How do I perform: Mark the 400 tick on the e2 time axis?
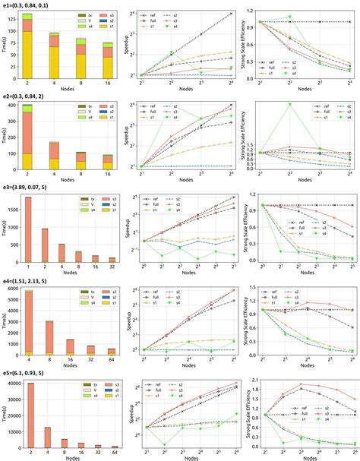tap(16, 104)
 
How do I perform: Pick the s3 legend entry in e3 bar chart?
tap(104, 198)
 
